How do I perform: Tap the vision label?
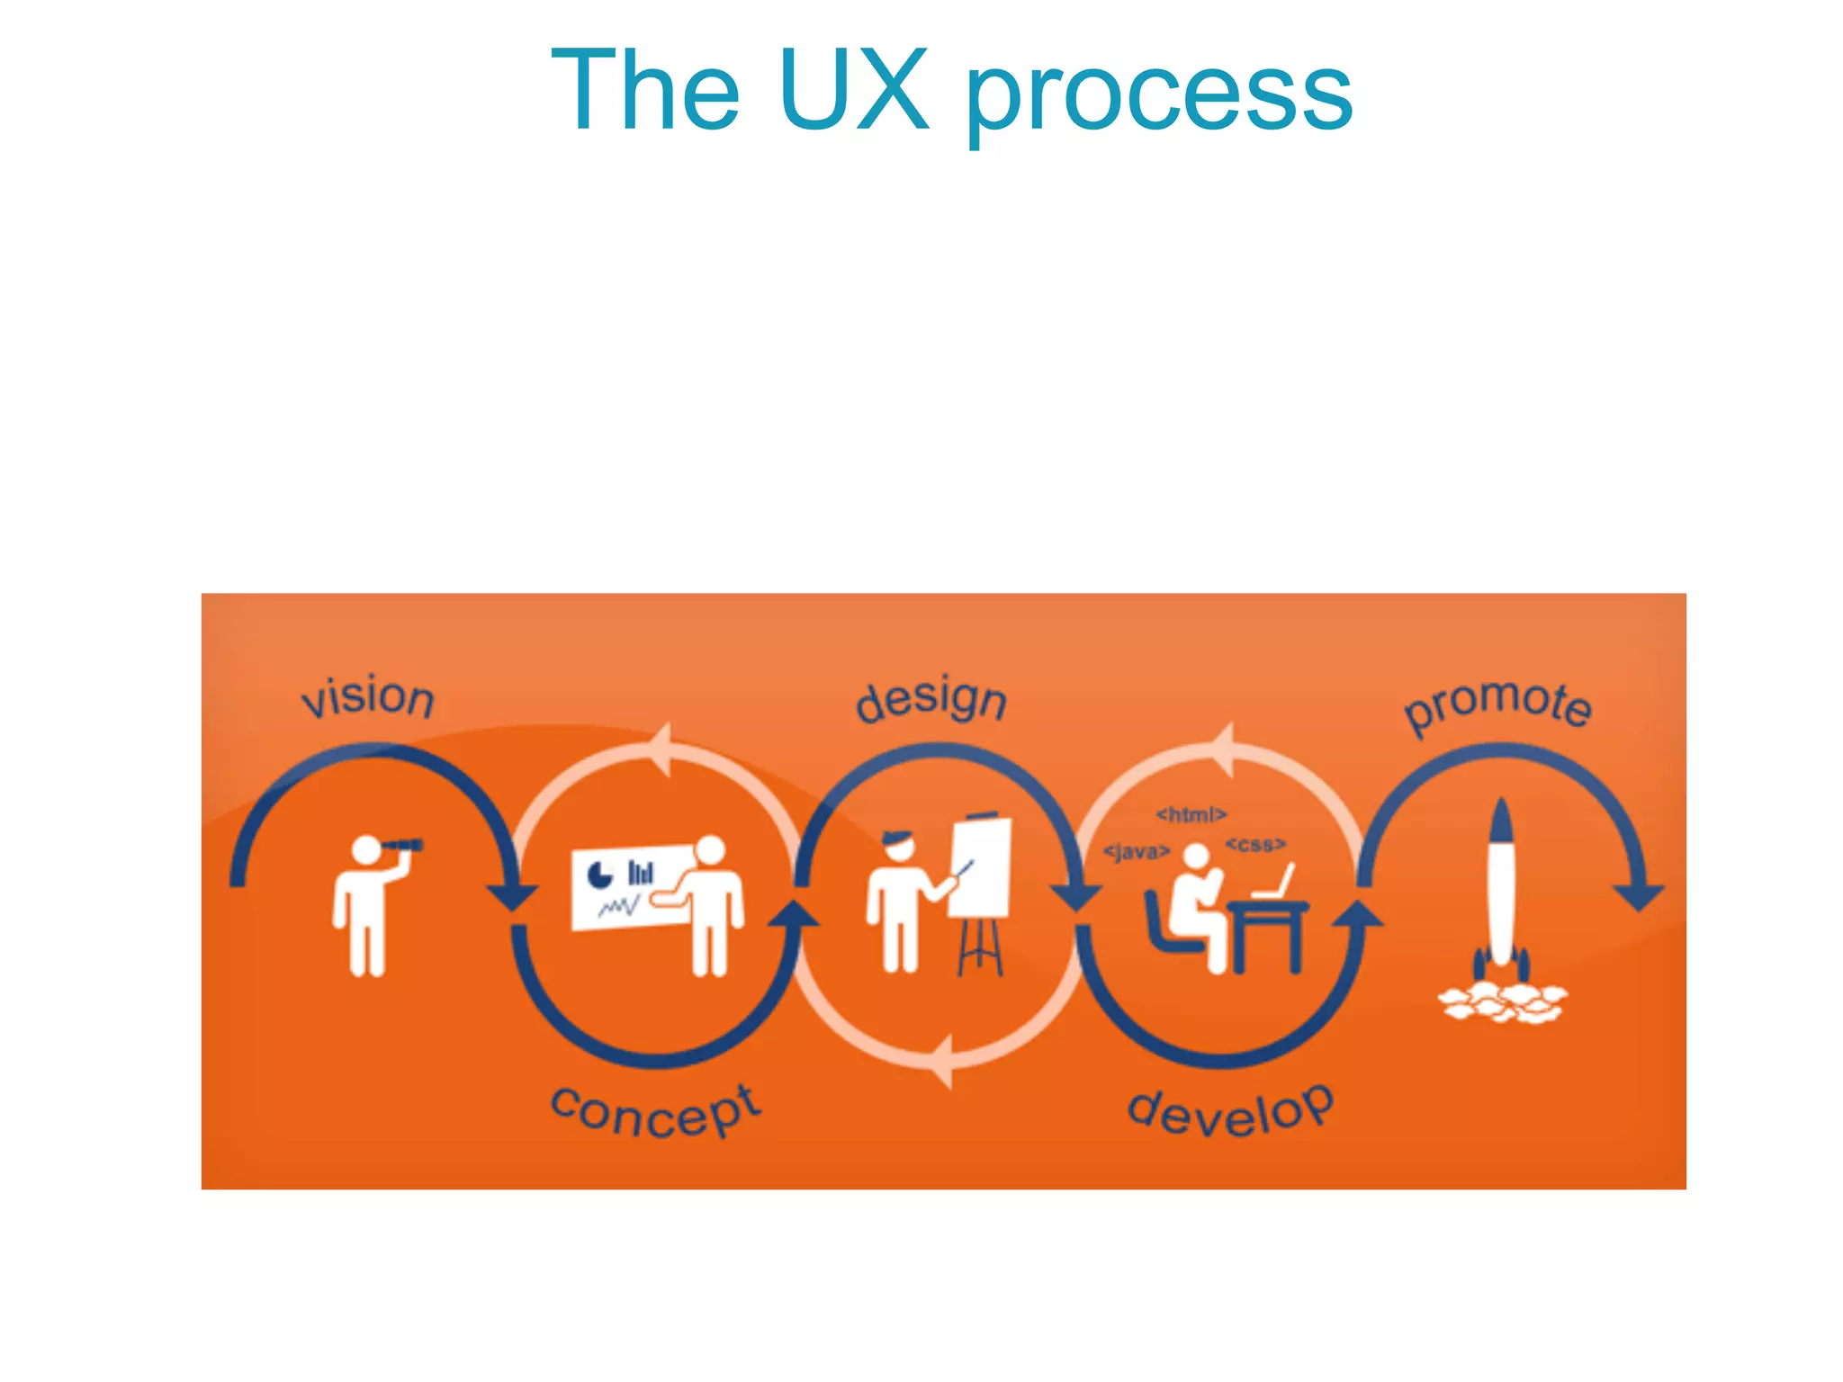(368, 698)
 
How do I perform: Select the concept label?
(656, 1112)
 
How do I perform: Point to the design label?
(931, 701)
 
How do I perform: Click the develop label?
(1230, 1112)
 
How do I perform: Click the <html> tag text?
(1191, 814)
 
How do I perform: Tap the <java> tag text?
(1137, 851)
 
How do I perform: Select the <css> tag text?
(1255, 844)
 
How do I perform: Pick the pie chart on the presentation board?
(599, 874)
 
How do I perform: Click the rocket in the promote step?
(1501, 886)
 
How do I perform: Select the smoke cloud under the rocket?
(1501, 1002)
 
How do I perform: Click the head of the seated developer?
(1196, 857)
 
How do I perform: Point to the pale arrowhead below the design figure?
(940, 1062)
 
